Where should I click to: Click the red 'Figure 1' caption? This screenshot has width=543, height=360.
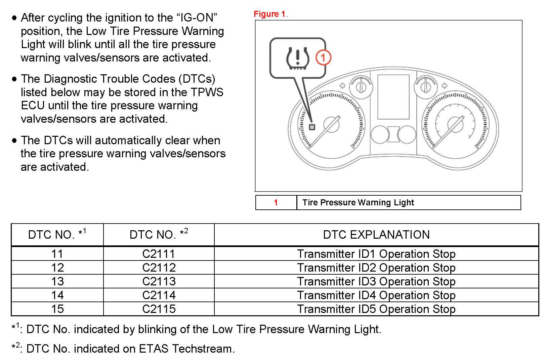pyautogui.click(x=269, y=14)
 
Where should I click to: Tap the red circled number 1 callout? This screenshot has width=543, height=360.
pyautogui.click(x=323, y=57)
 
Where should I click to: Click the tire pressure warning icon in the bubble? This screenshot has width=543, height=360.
pyautogui.click(x=297, y=58)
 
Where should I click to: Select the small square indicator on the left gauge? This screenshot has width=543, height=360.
pyautogui.click(x=312, y=127)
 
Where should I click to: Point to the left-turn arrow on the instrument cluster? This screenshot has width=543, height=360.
pyautogui.click(x=342, y=86)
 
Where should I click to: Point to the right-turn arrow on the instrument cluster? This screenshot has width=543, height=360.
pyautogui.click(x=444, y=86)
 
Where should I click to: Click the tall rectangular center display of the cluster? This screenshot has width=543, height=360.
pyautogui.click(x=393, y=97)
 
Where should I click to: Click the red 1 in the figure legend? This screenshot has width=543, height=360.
pyautogui.click(x=276, y=202)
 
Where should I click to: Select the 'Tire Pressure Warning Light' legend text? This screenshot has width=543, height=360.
pyautogui.click(x=358, y=202)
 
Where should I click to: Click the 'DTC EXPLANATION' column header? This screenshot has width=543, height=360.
pyautogui.click(x=376, y=235)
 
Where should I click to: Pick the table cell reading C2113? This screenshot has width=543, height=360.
pyautogui.click(x=159, y=281)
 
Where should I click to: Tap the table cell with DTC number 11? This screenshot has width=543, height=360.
pyautogui.click(x=57, y=254)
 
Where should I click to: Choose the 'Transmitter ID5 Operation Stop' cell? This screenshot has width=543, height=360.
pyautogui.click(x=376, y=309)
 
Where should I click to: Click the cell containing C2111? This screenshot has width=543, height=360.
pyautogui.click(x=159, y=254)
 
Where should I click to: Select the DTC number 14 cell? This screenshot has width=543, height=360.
pyautogui.click(x=57, y=295)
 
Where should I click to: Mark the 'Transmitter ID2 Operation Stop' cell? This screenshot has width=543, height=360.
pyautogui.click(x=376, y=268)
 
